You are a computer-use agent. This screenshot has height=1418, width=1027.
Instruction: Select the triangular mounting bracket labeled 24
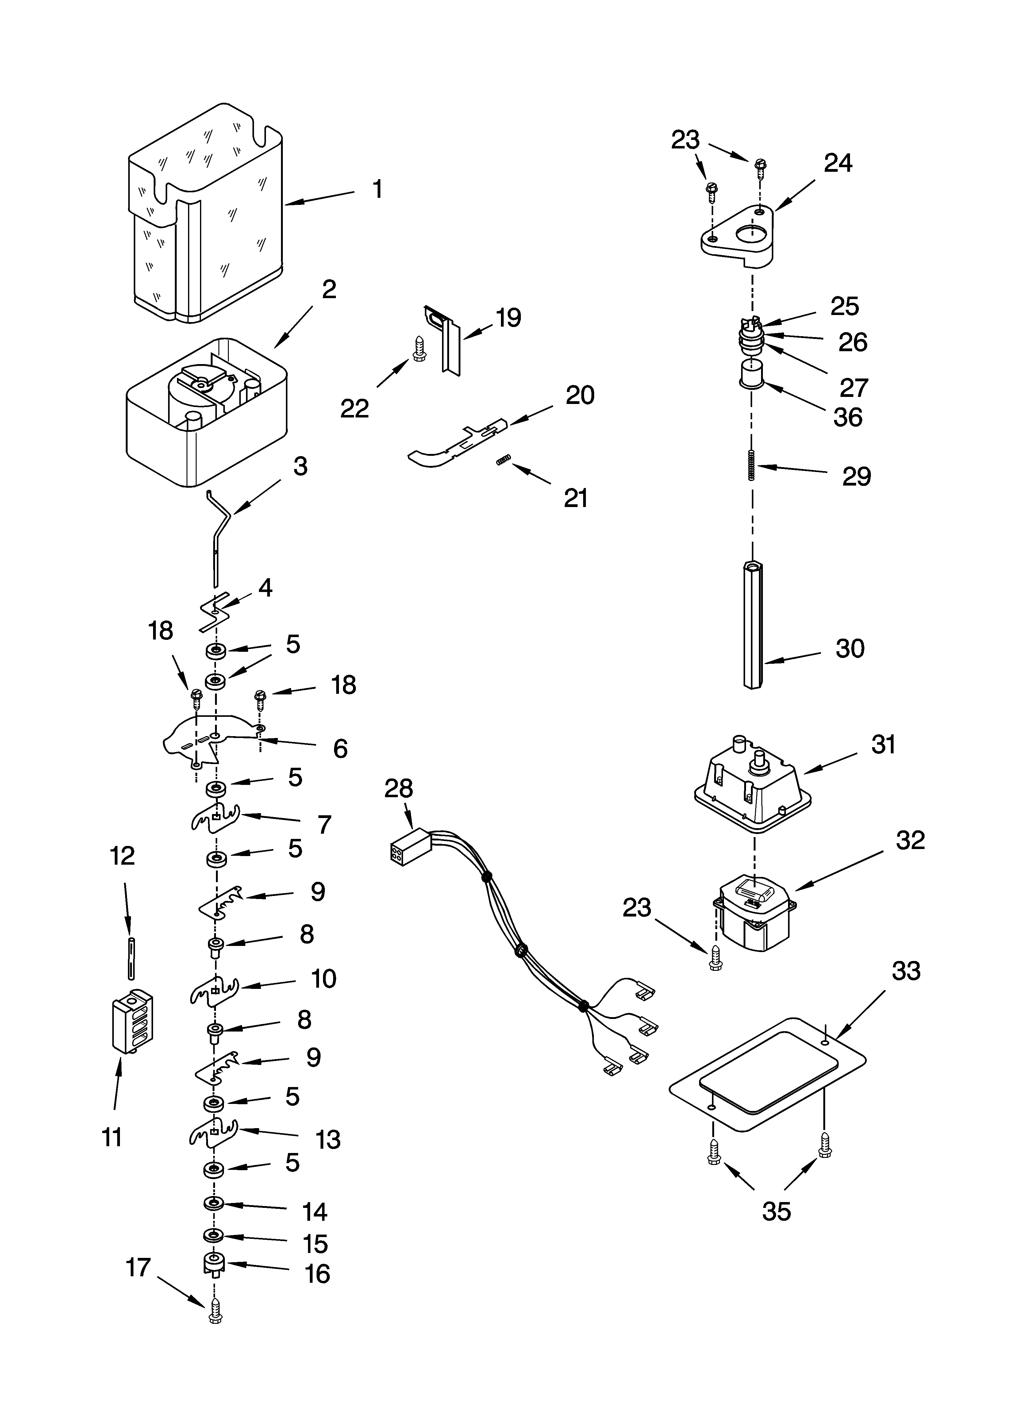pos(738,238)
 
